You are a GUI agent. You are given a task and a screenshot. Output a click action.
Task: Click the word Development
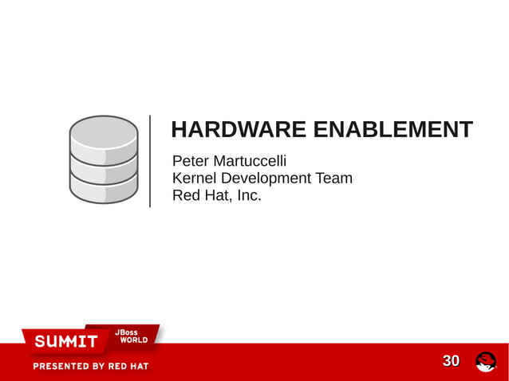click(266, 179)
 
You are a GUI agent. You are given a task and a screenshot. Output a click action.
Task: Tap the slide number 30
click(451, 361)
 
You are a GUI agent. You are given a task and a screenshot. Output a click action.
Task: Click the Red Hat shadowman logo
click(486, 362)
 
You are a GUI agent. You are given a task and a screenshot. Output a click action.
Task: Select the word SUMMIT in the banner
click(65, 342)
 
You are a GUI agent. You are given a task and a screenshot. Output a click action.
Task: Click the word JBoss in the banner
click(127, 332)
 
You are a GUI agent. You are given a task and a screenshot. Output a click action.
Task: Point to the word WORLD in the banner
click(133, 340)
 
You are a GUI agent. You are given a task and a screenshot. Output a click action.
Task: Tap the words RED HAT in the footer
click(128, 367)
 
